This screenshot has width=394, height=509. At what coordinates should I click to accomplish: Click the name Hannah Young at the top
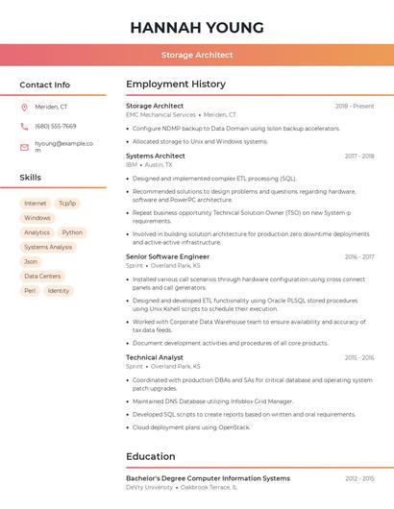coord(197,28)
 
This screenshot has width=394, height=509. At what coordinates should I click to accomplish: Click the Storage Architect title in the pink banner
coord(197,56)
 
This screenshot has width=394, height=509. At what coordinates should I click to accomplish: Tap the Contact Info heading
coord(44,85)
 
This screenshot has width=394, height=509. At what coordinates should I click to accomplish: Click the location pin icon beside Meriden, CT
coord(24,108)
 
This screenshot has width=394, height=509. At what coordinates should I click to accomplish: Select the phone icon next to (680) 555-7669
coord(24,126)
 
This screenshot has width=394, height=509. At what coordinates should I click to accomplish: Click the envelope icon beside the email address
coord(24,147)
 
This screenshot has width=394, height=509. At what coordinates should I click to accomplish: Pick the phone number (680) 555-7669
coord(56,126)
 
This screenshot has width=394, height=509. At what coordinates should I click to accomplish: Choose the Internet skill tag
coord(36,204)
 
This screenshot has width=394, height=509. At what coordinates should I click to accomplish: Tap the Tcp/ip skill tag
coord(66,204)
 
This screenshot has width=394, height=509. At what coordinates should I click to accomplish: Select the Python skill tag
coord(72,232)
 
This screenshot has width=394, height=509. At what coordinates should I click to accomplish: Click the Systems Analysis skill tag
coord(48,247)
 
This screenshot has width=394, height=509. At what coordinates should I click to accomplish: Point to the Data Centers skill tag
coord(42,276)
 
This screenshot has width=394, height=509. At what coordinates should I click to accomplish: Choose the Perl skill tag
coord(30,290)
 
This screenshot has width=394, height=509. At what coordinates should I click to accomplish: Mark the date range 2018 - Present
coord(355,106)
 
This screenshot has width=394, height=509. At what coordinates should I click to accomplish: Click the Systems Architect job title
coord(156,156)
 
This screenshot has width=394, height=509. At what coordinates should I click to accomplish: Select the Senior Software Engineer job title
coord(167,256)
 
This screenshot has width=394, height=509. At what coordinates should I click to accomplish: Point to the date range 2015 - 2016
coord(359,357)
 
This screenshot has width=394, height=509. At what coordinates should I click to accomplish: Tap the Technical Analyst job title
coord(154,357)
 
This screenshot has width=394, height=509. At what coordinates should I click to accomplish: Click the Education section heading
coord(151,456)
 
